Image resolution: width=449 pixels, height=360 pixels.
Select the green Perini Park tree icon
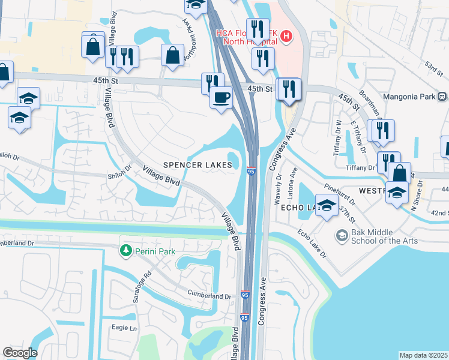(125, 251)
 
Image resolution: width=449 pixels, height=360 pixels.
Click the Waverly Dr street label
(278, 188)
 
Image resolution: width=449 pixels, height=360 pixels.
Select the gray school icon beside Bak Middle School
(342, 234)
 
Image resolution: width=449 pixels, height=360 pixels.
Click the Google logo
(20, 352)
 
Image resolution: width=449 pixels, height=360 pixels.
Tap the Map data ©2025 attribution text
(424, 355)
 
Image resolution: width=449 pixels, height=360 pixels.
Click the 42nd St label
(439, 213)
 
